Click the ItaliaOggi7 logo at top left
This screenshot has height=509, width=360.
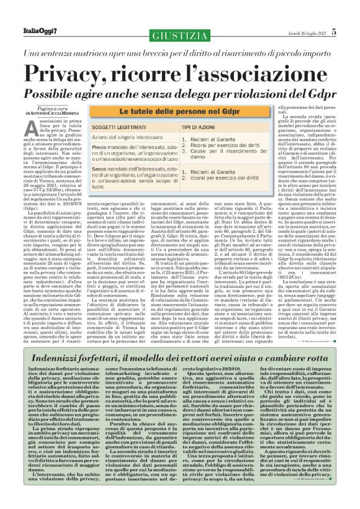click(31, 14)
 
